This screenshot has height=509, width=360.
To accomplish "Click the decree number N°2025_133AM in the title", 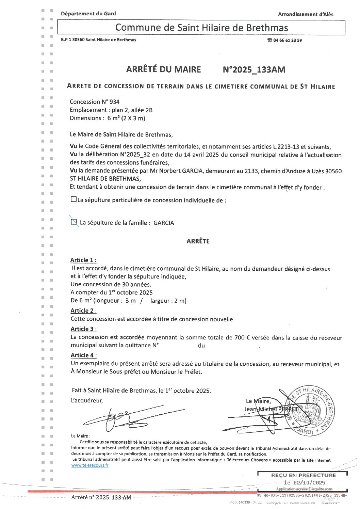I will [254, 70].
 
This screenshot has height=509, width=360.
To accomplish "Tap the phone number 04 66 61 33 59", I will [287, 40].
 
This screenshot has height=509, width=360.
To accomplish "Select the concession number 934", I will [114, 102].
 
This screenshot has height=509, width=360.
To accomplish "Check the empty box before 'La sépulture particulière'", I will [73, 200].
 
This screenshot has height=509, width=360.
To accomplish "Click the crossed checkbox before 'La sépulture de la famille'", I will [74, 222].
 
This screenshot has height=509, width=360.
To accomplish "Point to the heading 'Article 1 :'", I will [83, 260].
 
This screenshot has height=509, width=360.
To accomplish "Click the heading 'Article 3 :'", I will [83, 329].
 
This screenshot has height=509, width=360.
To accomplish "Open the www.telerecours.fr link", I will [90, 465].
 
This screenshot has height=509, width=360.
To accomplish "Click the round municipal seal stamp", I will [310, 411].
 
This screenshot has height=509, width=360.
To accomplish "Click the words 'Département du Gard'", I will [88, 14].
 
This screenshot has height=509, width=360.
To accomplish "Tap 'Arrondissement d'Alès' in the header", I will [306, 14].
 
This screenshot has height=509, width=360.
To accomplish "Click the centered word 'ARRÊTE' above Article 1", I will [198, 241].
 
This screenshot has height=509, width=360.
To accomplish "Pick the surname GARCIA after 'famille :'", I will [164, 223].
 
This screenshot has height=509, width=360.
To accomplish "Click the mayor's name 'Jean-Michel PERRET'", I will [271, 409].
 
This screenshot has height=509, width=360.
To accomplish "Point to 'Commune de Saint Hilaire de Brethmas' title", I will [201, 28].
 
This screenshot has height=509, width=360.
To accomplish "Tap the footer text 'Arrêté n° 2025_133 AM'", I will [101, 497].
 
